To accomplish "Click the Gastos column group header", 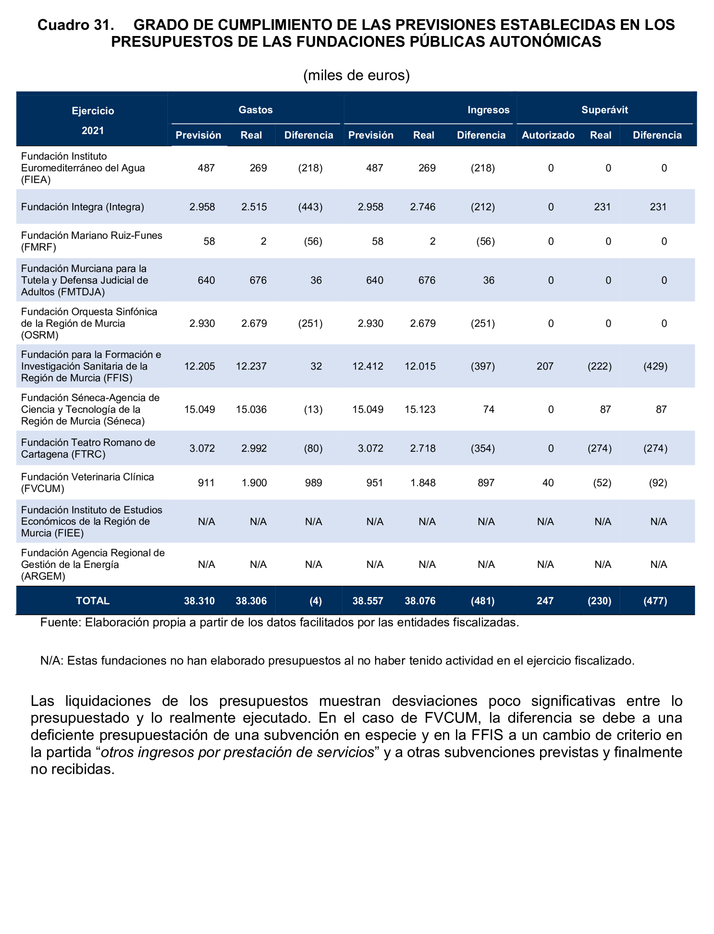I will (255, 110).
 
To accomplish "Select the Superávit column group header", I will (604, 110).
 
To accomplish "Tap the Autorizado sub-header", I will (548, 135).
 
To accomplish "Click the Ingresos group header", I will (488, 110).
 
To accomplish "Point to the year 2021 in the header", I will (93, 131).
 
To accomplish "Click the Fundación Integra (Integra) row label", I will (82, 207).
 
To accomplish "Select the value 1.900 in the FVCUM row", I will (254, 483).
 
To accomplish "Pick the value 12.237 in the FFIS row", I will (251, 366).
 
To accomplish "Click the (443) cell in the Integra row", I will (310, 207).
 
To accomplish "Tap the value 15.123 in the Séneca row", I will (420, 409).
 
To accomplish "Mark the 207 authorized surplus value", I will (545, 366).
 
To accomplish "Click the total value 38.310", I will (199, 601).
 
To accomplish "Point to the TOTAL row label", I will (93, 601).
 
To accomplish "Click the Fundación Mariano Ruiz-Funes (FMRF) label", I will (92, 241).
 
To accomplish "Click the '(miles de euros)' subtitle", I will (356, 75).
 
